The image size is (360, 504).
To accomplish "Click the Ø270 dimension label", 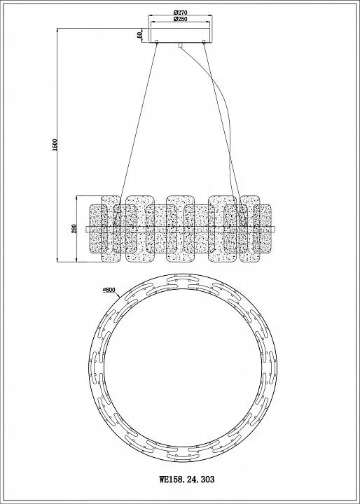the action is (180, 13).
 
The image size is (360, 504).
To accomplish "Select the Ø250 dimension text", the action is (180, 19).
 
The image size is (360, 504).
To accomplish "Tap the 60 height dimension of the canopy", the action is (139, 35).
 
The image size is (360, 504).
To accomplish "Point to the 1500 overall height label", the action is (55, 145).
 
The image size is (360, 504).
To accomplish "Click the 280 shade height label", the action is (74, 228).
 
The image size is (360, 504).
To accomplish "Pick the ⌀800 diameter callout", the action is (109, 290).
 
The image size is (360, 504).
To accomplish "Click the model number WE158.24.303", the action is (186, 480).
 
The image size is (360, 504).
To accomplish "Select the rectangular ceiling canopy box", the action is (180, 36).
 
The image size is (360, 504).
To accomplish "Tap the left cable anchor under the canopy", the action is (157, 41).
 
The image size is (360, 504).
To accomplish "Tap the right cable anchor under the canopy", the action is (204, 41).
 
